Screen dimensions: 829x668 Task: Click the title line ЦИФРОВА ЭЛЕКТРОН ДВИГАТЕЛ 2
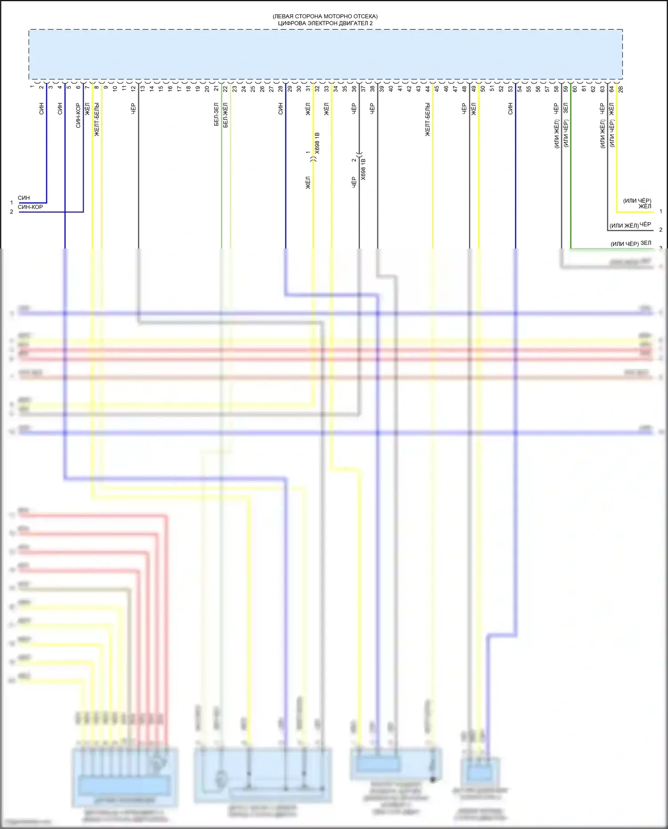pos(325,23)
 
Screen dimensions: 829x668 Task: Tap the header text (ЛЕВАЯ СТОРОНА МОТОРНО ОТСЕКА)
pos(325,16)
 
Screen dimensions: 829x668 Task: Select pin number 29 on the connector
pos(289,89)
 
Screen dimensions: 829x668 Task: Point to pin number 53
pos(510,89)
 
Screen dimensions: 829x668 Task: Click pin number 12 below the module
pos(133,89)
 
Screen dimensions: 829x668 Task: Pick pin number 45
pos(437,89)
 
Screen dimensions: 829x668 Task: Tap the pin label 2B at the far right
pos(621,89)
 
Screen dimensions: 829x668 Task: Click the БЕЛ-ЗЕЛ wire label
pos(216,115)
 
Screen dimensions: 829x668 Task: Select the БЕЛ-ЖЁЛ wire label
pos(225,115)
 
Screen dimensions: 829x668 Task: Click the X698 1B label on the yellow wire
pos(317,143)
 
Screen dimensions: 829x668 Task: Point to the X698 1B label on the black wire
pos(363,169)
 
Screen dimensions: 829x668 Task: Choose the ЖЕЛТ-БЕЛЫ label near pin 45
pos(428,119)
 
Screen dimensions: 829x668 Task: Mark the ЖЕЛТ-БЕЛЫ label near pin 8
pos(97,119)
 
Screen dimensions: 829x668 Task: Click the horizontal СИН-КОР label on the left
pos(30,207)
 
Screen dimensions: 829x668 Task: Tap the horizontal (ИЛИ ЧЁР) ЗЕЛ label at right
pos(631,243)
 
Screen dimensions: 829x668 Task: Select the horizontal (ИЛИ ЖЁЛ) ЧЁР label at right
pos(630,225)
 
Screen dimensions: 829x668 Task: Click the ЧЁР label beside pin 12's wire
pos(133,109)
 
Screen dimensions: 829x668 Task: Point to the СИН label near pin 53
pos(510,109)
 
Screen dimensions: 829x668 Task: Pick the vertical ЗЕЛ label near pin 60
pos(566,108)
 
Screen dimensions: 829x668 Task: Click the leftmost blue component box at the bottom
pos(125,777)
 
